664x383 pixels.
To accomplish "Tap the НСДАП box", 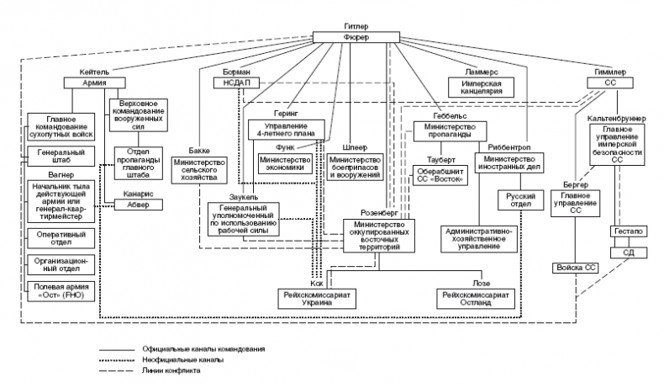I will pyautogui.click(x=243, y=82).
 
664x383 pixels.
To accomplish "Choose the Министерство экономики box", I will pyautogui.click(x=287, y=162).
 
